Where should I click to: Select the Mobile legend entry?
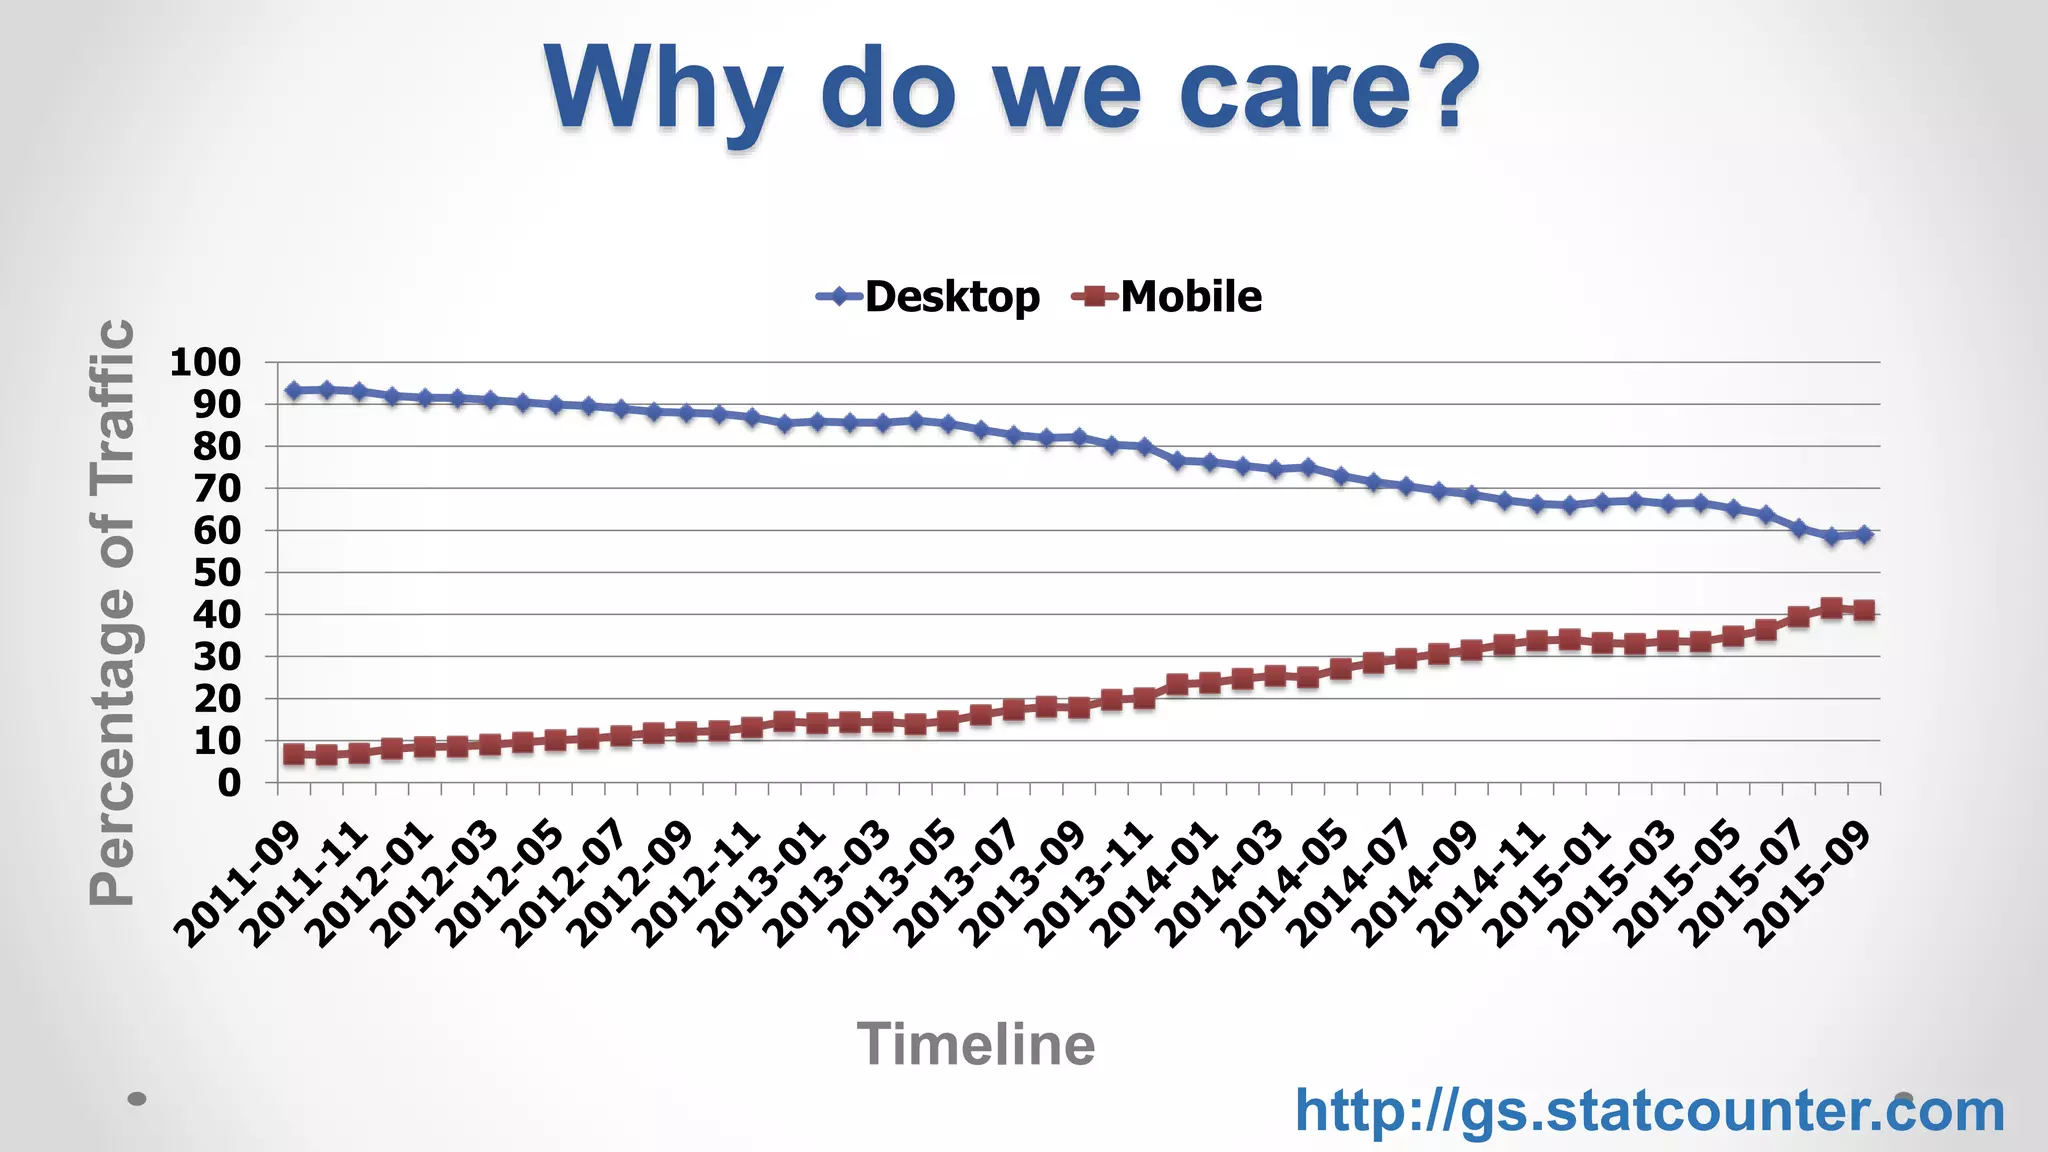1167,297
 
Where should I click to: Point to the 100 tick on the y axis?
205,362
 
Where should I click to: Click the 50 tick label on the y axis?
217,573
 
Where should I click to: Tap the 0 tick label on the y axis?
230,783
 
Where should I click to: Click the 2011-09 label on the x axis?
238,885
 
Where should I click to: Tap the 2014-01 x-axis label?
1155,885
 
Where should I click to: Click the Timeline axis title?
976,1044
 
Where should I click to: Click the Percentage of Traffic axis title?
112,612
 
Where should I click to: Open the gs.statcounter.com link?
1650,1110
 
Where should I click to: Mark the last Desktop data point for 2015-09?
1864,535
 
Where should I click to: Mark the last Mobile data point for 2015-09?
1864,610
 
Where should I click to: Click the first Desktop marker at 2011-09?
294,391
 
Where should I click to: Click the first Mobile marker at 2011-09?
294,754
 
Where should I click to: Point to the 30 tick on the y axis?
217,657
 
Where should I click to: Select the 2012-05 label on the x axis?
501,885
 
